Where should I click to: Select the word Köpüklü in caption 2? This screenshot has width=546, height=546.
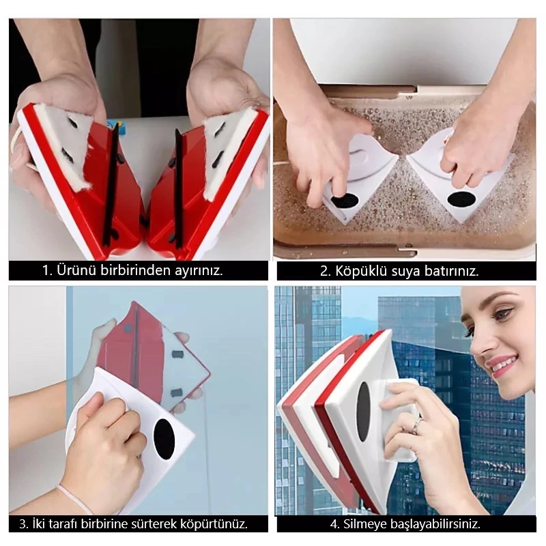pos(361,271)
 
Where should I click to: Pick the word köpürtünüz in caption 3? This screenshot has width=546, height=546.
pos(214,524)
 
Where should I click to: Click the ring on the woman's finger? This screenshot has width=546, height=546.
pos(418,425)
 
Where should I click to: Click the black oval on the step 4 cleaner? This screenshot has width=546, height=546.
pos(363,412)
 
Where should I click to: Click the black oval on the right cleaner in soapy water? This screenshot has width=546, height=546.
pos(461,199)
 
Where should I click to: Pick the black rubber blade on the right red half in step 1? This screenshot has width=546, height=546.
pos(179,188)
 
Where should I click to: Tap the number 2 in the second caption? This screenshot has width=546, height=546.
pos(324,271)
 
